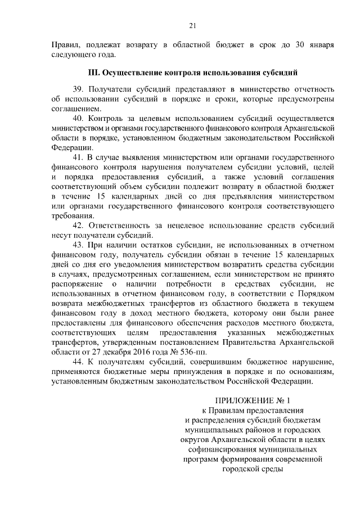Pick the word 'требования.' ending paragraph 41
73,215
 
